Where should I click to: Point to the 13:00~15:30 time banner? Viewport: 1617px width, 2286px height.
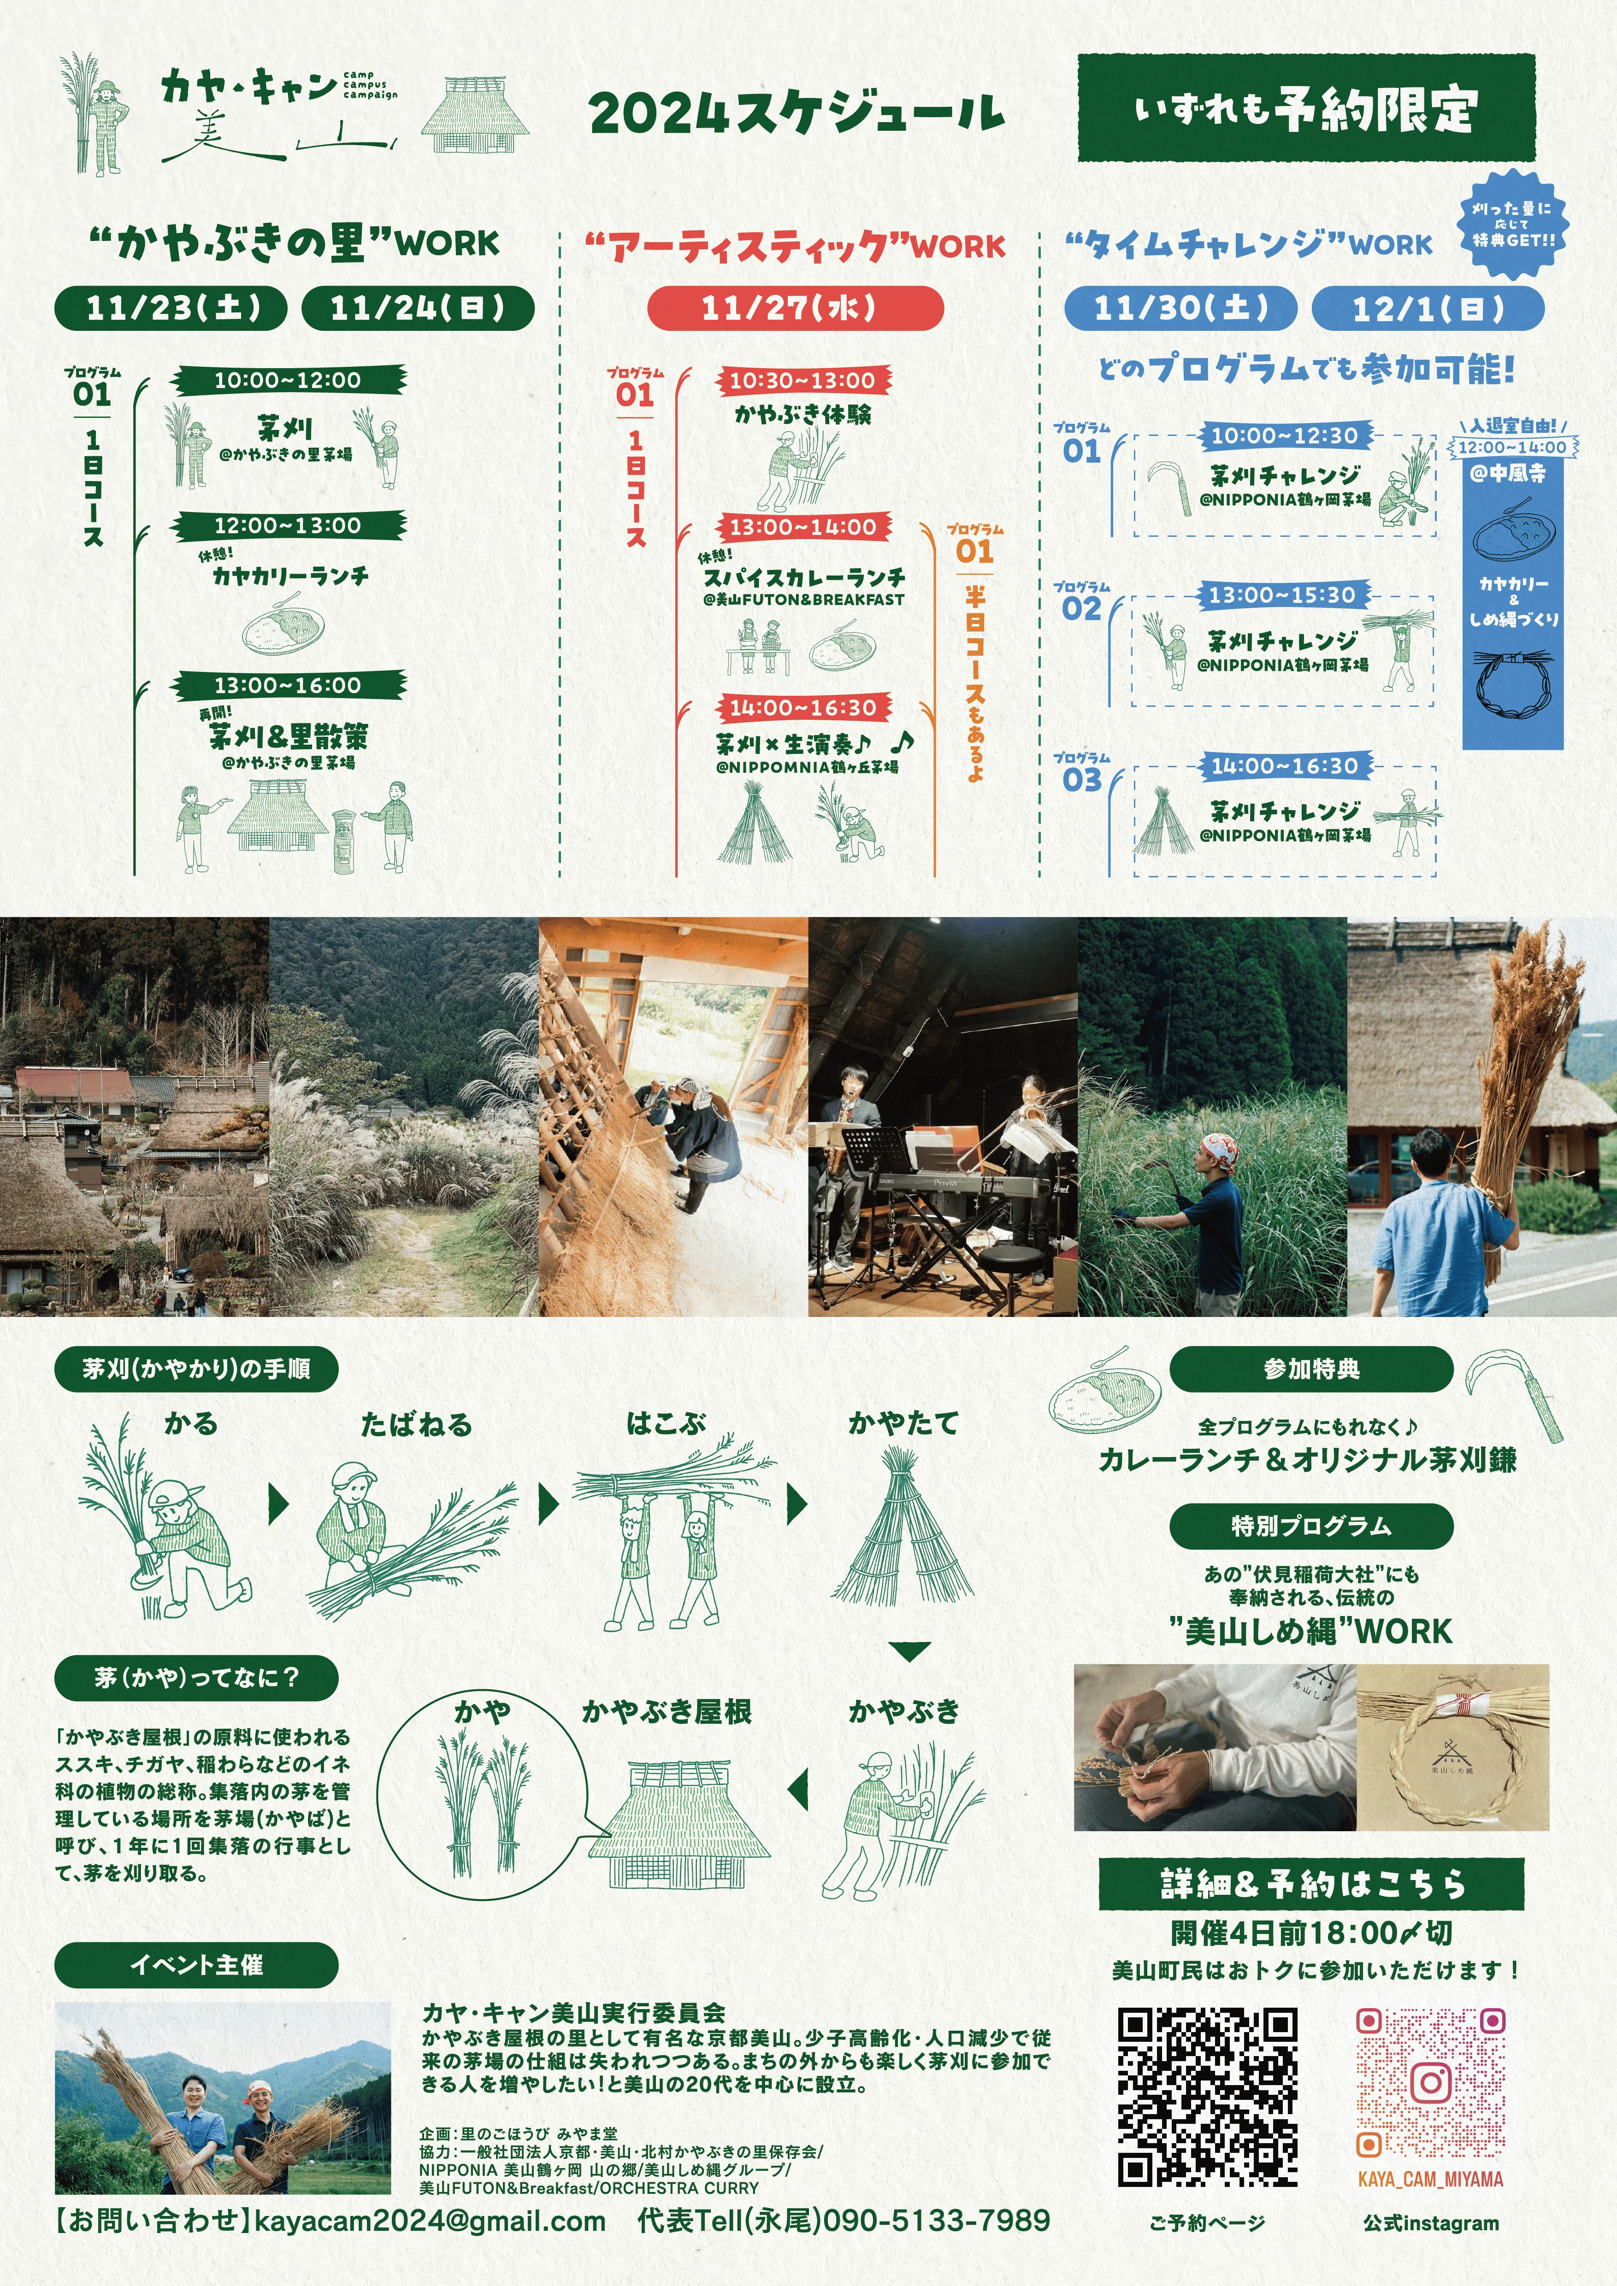tap(1282, 595)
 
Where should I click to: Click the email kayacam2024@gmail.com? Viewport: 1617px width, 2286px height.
tap(430, 2221)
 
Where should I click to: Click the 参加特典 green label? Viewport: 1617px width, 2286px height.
tap(1311, 1369)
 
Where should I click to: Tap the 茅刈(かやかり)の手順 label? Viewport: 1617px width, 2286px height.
tap(196, 1369)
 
